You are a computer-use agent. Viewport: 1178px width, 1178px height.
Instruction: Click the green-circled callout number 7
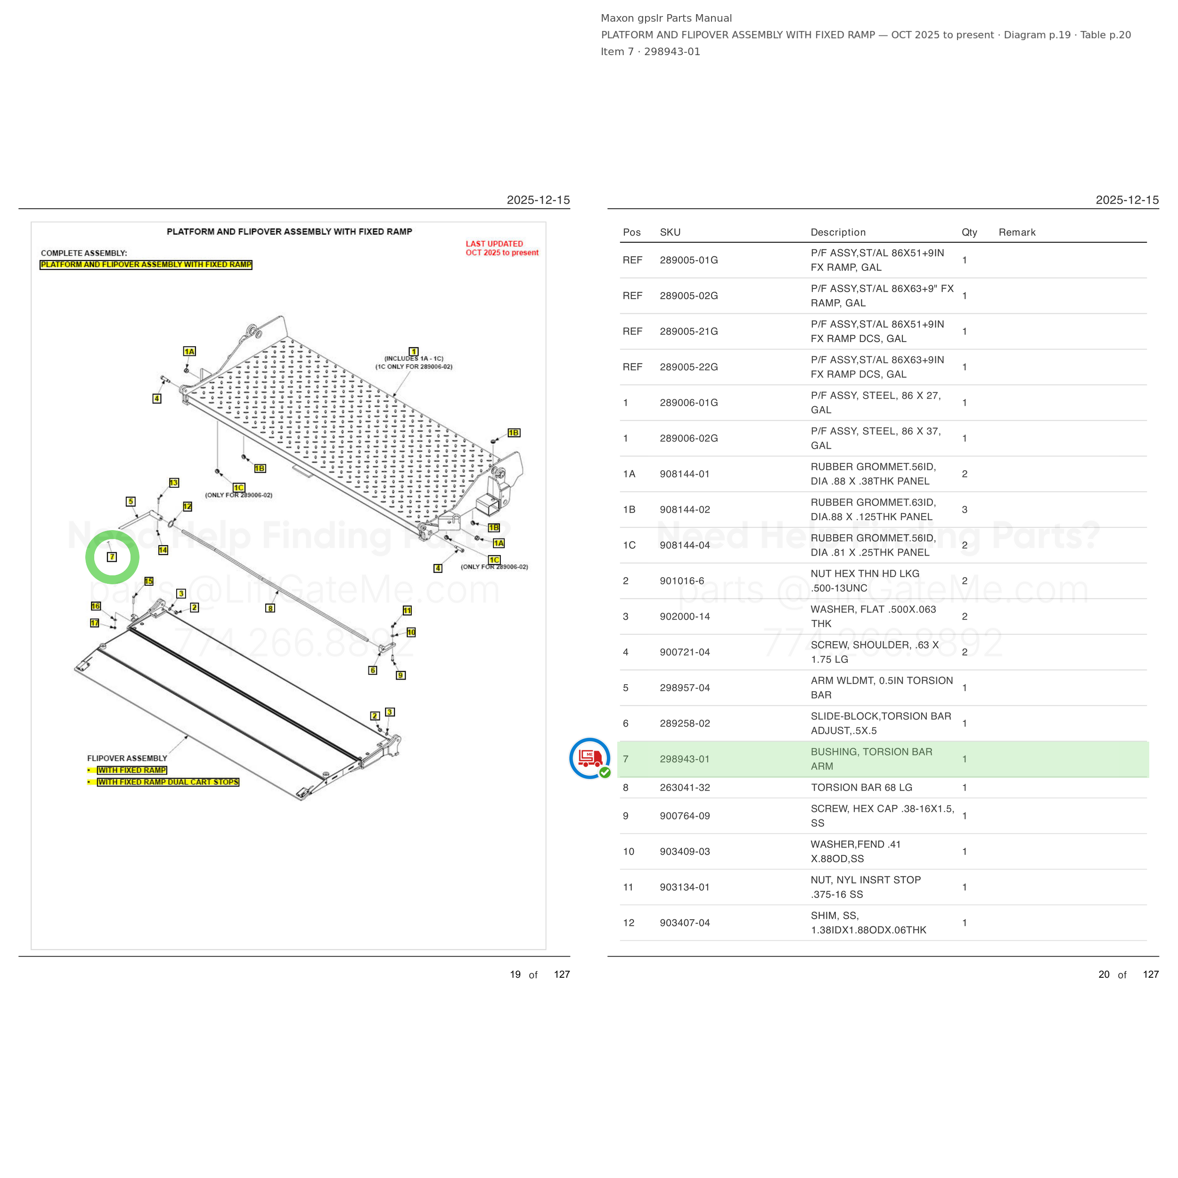pyautogui.click(x=112, y=556)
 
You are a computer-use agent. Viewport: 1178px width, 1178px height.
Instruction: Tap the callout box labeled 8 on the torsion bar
pyautogui.click(x=270, y=608)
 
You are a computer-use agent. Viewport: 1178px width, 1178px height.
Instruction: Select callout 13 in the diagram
pyautogui.click(x=174, y=483)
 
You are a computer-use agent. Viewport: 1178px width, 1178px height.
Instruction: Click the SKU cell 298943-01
pyautogui.click(x=685, y=759)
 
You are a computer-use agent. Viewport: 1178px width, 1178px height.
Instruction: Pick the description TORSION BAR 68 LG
pyautogui.click(x=861, y=788)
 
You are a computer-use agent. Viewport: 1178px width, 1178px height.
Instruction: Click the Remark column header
pyautogui.click(x=1017, y=232)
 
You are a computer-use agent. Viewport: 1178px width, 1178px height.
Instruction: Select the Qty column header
pyautogui.click(x=969, y=232)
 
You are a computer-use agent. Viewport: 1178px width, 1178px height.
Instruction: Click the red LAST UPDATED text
pyautogui.click(x=494, y=244)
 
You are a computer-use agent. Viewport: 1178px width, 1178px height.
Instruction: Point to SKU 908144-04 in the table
pyautogui.click(x=685, y=545)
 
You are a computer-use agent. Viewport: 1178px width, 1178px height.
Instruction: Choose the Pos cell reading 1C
pyautogui.click(x=629, y=545)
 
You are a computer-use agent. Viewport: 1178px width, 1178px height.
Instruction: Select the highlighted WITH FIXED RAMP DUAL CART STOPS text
pyautogui.click(x=168, y=782)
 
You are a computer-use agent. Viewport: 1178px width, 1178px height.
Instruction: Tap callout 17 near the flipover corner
pyautogui.click(x=95, y=623)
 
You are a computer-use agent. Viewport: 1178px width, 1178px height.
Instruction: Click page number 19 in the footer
pyautogui.click(x=515, y=974)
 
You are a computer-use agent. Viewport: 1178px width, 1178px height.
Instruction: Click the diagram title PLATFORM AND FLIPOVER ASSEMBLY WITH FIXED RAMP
pyautogui.click(x=290, y=232)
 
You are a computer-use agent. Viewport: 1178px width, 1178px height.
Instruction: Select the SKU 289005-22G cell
pyautogui.click(x=689, y=367)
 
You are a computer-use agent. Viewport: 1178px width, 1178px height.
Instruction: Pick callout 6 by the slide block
pyautogui.click(x=373, y=671)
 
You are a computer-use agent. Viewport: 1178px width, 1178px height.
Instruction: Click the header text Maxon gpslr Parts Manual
pyautogui.click(x=666, y=18)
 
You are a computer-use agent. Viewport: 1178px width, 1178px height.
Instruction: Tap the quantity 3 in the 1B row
pyautogui.click(x=965, y=510)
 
